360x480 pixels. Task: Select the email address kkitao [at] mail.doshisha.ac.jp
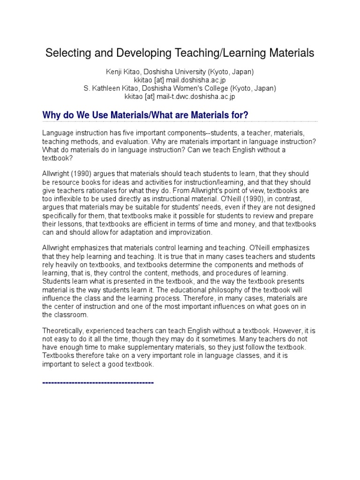click(180, 80)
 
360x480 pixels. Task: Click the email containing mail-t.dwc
click(180, 97)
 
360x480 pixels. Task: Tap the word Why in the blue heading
click(52, 115)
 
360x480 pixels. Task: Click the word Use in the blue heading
click(90, 115)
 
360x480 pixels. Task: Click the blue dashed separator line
click(98, 383)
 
